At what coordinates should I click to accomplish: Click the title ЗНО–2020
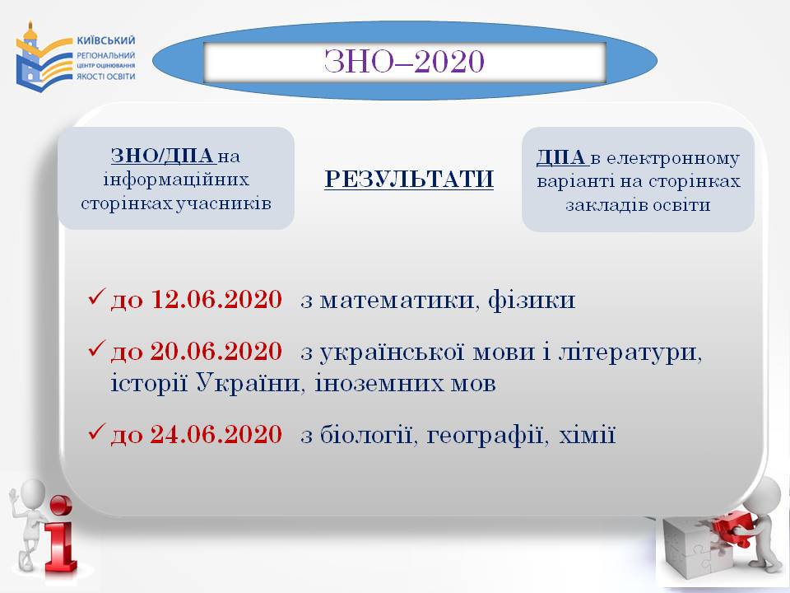coord(404,62)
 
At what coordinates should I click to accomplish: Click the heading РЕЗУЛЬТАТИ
coord(409,180)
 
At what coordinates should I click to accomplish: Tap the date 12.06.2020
coord(216,299)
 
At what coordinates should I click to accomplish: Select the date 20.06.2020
coord(216,352)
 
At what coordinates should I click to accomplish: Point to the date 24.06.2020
coord(216,435)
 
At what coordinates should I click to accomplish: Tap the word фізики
coord(532,300)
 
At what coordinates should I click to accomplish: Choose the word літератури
coord(630,352)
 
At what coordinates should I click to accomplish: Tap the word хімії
coord(588,435)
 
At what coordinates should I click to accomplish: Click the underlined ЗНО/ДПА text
coord(163,156)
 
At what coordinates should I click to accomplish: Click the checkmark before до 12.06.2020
coord(96,296)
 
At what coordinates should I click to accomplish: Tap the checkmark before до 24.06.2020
coord(96,432)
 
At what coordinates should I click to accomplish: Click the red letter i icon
coord(59,538)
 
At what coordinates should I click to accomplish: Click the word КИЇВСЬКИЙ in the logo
coord(106,41)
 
